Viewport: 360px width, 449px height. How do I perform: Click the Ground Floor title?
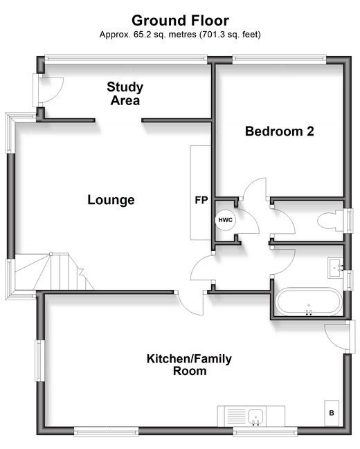pyautogui.click(x=180, y=21)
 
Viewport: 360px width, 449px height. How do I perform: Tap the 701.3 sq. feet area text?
pyautogui.click(x=230, y=35)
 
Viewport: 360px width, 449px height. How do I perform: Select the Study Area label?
pyautogui.click(x=125, y=93)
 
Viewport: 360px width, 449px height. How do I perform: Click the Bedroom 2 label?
pyautogui.click(x=280, y=131)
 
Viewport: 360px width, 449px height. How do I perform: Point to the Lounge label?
pyautogui.click(x=111, y=200)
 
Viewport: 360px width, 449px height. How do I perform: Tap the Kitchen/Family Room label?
pyautogui.click(x=189, y=365)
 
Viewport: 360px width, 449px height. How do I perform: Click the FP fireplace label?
pyautogui.click(x=201, y=200)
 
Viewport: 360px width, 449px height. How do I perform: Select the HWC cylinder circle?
pyautogui.click(x=225, y=220)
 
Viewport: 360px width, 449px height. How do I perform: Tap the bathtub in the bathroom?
pyautogui.click(x=308, y=302)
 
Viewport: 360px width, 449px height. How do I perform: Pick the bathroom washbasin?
pyautogui.click(x=335, y=268)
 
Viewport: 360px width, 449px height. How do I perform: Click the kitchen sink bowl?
pyautogui.click(x=255, y=416)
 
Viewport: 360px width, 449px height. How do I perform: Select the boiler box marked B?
pyautogui.click(x=332, y=413)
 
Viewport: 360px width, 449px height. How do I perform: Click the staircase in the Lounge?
pyautogui.click(x=53, y=271)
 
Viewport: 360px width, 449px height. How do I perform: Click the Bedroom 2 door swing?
pyautogui.click(x=255, y=187)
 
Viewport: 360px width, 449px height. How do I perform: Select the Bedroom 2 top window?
pyautogui.click(x=279, y=59)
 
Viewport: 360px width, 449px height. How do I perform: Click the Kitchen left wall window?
pyautogui.click(x=39, y=360)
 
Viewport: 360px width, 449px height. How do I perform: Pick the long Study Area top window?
pyautogui.click(x=126, y=59)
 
